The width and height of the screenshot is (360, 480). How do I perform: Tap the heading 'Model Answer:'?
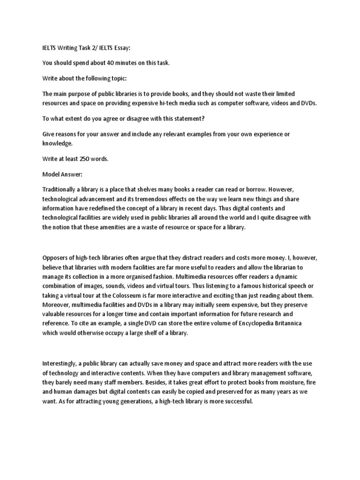pyautogui.click(x=62, y=174)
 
